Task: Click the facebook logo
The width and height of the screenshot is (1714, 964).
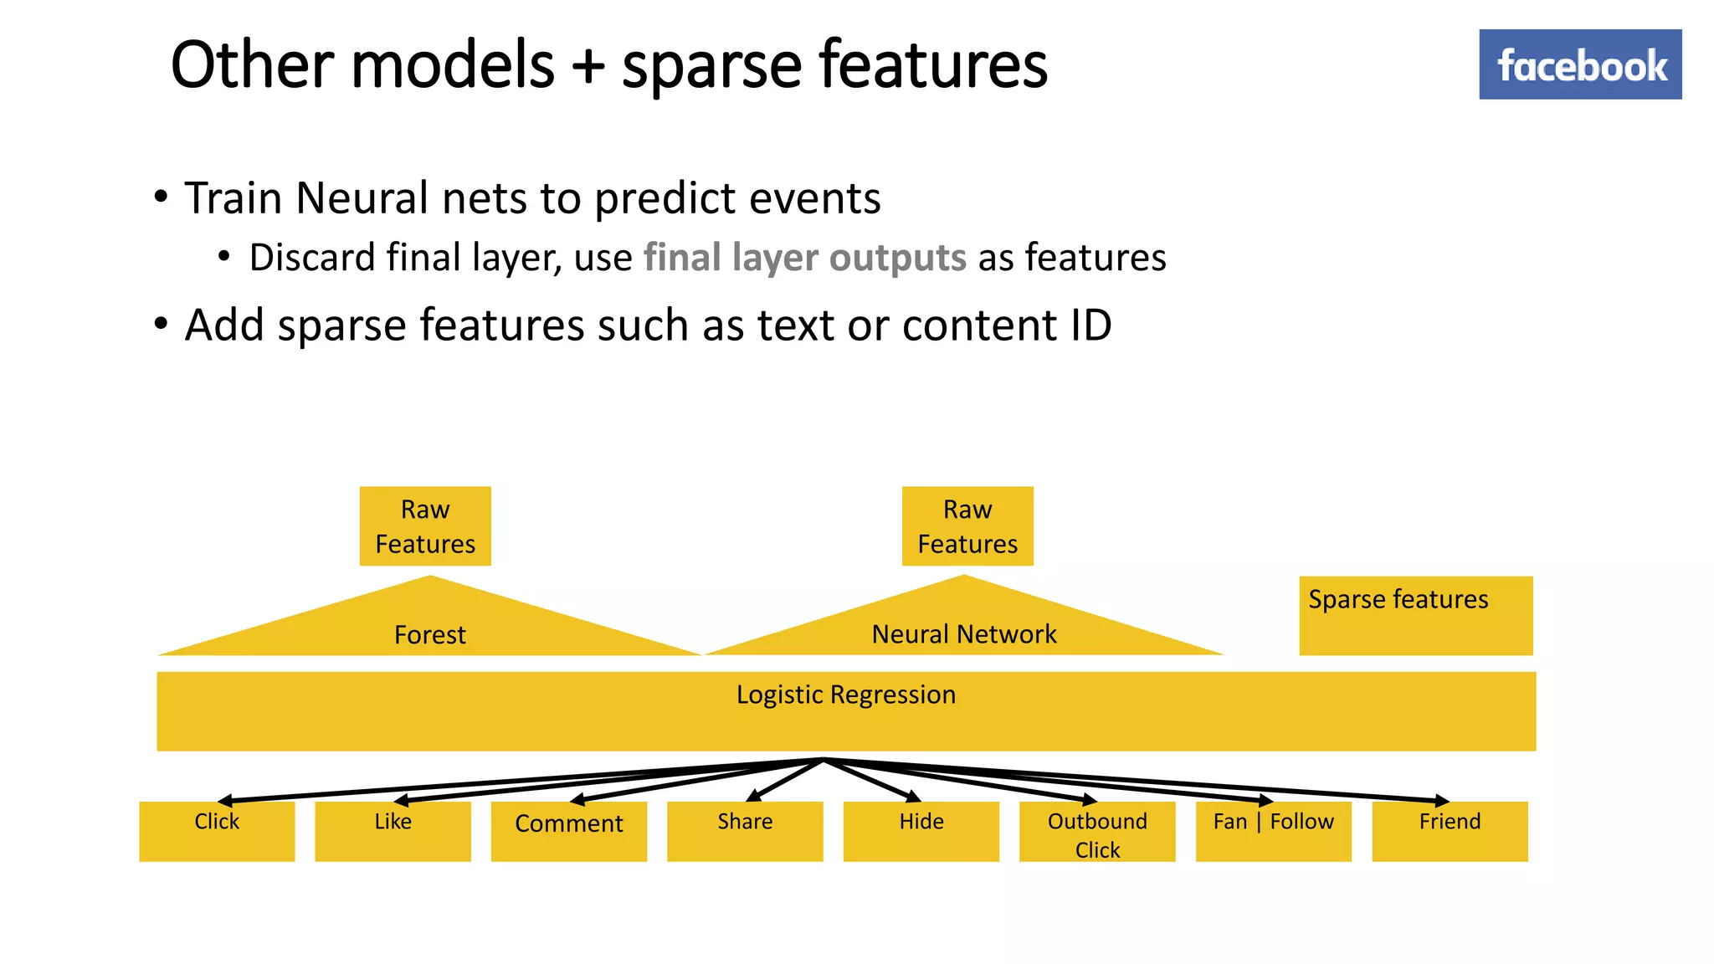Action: [x=1579, y=64]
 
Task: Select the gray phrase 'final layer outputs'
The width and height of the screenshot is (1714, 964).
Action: [x=804, y=258]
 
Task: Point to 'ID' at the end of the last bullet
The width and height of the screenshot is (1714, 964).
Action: [x=1090, y=325]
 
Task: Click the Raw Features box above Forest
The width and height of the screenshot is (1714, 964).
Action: [x=425, y=526]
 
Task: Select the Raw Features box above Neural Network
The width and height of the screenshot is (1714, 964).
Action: [x=967, y=526]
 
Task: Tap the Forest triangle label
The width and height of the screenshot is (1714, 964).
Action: [x=429, y=634]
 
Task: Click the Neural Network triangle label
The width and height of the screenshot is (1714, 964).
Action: [x=964, y=634]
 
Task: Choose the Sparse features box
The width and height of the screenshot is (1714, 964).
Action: [x=1415, y=615]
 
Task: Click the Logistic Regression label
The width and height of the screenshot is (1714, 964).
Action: [x=845, y=695]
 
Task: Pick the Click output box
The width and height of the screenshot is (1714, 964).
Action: [x=217, y=831]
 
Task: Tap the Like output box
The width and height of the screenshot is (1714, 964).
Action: [x=393, y=831]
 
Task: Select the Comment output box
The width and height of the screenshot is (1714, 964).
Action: [x=568, y=831]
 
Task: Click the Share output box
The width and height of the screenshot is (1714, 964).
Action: [x=745, y=831]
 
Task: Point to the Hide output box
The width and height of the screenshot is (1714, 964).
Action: [x=921, y=831]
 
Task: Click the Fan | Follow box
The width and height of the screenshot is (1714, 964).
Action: [x=1273, y=831]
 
